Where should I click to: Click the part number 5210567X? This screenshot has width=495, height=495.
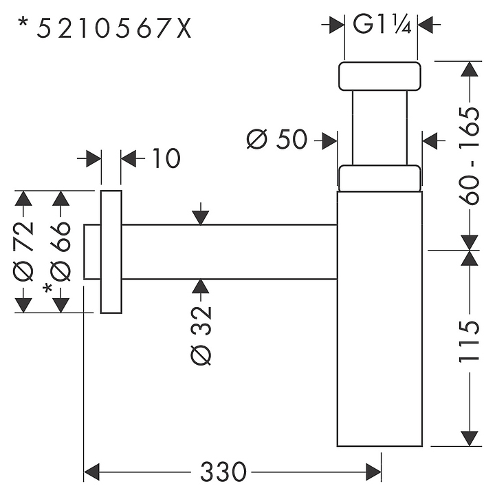click(x=114, y=28)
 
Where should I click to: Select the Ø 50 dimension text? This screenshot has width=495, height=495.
click(x=276, y=140)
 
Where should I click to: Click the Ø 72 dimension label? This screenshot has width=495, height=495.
click(x=24, y=251)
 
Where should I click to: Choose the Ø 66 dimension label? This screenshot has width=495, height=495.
click(x=61, y=251)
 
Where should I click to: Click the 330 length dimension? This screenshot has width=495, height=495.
click(x=223, y=473)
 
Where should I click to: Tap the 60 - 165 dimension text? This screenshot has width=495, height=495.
click(x=470, y=156)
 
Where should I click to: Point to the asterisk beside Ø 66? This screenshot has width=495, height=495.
click(x=47, y=288)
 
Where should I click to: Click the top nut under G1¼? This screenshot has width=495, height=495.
click(x=379, y=76)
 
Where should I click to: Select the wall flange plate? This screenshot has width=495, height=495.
click(x=111, y=252)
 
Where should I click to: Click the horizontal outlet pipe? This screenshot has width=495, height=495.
click(x=227, y=252)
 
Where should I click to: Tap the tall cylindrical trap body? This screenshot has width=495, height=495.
click(x=379, y=317)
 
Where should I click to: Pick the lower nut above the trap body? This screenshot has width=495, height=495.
click(x=379, y=177)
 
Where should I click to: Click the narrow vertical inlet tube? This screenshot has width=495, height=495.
click(x=379, y=127)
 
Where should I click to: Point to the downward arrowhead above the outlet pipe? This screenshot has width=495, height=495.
click(x=200, y=216)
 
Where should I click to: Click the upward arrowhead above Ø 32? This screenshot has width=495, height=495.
click(x=200, y=288)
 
